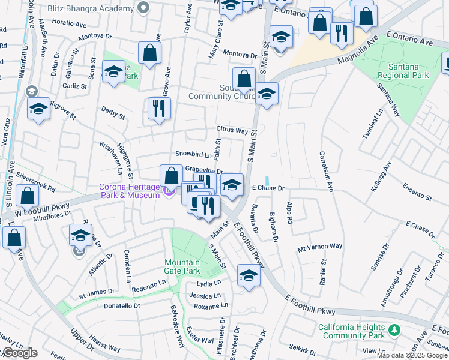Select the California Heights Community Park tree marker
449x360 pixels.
coord(394,330)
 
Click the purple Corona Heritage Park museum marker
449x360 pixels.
coord(168,191)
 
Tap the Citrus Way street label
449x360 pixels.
coord(232,130)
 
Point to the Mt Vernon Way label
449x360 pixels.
coord(320,247)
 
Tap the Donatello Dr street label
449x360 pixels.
coord(120,305)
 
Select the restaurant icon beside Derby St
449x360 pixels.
coord(159,109)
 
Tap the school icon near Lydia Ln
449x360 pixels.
coord(248,275)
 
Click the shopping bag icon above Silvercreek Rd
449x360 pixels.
coord(27,195)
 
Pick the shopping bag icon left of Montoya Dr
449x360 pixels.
coord(149,53)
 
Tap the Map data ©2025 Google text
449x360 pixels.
coord(411,355)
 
